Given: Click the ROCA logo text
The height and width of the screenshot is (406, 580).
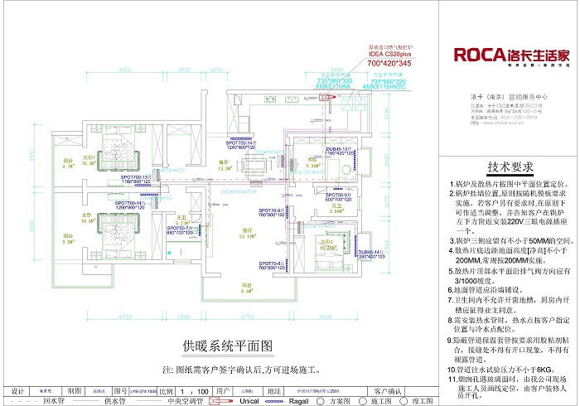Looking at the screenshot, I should click(x=479, y=56).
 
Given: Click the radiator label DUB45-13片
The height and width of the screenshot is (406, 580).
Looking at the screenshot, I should click(x=341, y=151).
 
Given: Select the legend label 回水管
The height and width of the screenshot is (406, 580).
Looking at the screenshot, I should click(x=50, y=399).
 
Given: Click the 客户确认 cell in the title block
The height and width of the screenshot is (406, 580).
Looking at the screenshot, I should click(x=389, y=389).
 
